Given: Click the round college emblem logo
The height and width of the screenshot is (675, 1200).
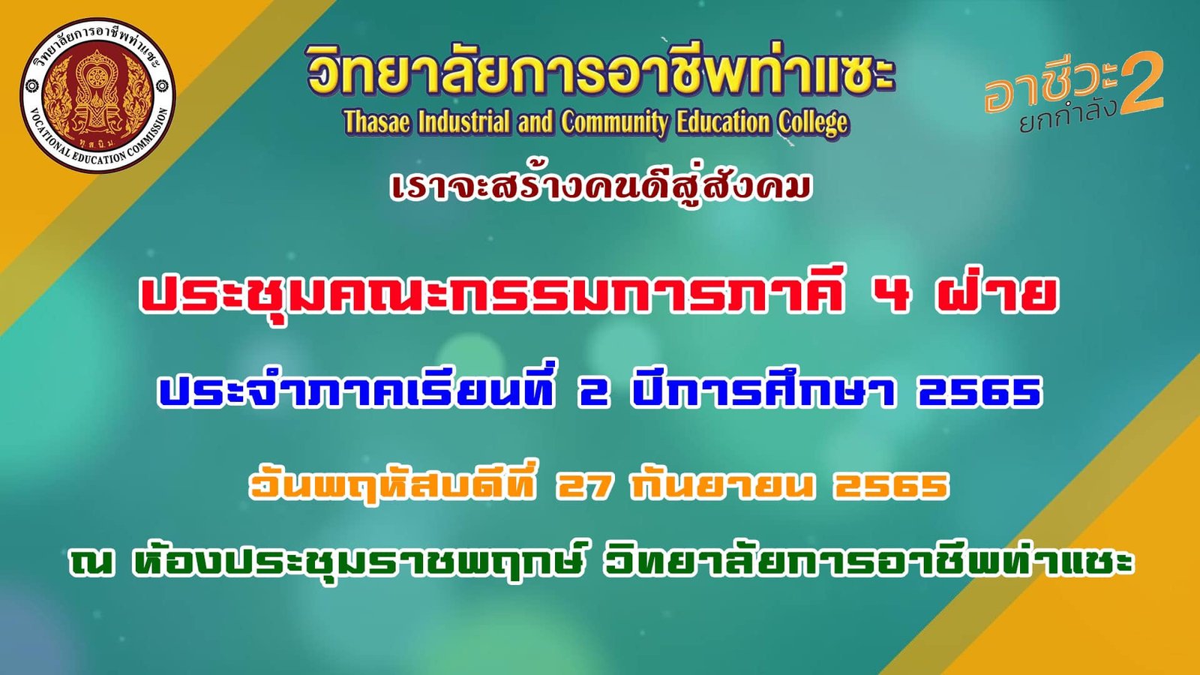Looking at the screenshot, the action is point(97,94).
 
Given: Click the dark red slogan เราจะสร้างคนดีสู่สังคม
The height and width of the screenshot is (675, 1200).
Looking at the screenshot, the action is point(601,187).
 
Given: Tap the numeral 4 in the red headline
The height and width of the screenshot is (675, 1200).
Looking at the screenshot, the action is point(890,295).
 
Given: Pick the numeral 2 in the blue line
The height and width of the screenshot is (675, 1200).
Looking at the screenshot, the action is point(593,392).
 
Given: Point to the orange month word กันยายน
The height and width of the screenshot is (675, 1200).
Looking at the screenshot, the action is point(723,484).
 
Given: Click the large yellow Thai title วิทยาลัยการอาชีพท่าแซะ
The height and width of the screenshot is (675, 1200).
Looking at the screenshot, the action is point(599,73).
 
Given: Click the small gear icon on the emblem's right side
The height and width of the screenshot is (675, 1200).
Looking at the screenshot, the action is point(161,85).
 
